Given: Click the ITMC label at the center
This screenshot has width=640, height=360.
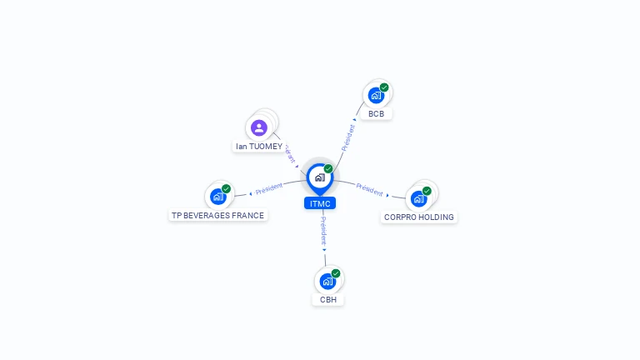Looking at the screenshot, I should pyautogui.click(x=320, y=203).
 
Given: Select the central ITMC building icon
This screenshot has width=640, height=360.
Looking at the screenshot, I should pyautogui.click(x=319, y=177).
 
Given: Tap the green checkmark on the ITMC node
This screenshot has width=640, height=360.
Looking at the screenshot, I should pyautogui.click(x=328, y=169).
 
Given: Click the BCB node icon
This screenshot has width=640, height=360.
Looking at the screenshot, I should pyautogui.click(x=376, y=96).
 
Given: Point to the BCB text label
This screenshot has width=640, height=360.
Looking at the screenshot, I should pyautogui.click(x=376, y=113).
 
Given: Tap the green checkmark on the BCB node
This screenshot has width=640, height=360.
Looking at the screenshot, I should pyautogui.click(x=384, y=87).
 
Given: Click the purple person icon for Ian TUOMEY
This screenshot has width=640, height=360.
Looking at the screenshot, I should pyautogui.click(x=259, y=128).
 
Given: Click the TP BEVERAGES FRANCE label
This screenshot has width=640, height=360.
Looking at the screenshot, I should pyautogui.click(x=217, y=215).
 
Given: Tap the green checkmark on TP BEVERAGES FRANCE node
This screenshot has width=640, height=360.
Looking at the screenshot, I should pyautogui.click(x=226, y=189).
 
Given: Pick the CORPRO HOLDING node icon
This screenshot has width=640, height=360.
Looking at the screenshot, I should pyautogui.click(x=418, y=199).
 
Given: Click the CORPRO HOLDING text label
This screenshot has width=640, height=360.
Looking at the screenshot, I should pyautogui.click(x=419, y=217).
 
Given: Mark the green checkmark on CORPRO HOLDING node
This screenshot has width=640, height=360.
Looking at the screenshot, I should pyautogui.click(x=427, y=191).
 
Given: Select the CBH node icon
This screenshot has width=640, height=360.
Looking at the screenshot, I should pyautogui.click(x=327, y=282).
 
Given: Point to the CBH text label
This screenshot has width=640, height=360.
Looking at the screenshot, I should pyautogui.click(x=328, y=299).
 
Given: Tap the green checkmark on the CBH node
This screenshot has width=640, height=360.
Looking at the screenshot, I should pyautogui.click(x=336, y=273).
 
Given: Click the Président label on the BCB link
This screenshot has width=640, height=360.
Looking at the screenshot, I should pyautogui.click(x=348, y=136).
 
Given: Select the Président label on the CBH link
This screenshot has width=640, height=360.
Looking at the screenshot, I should pyautogui.click(x=323, y=231).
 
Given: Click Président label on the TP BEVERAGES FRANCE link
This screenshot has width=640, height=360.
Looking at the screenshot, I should pyautogui.click(x=269, y=189).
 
